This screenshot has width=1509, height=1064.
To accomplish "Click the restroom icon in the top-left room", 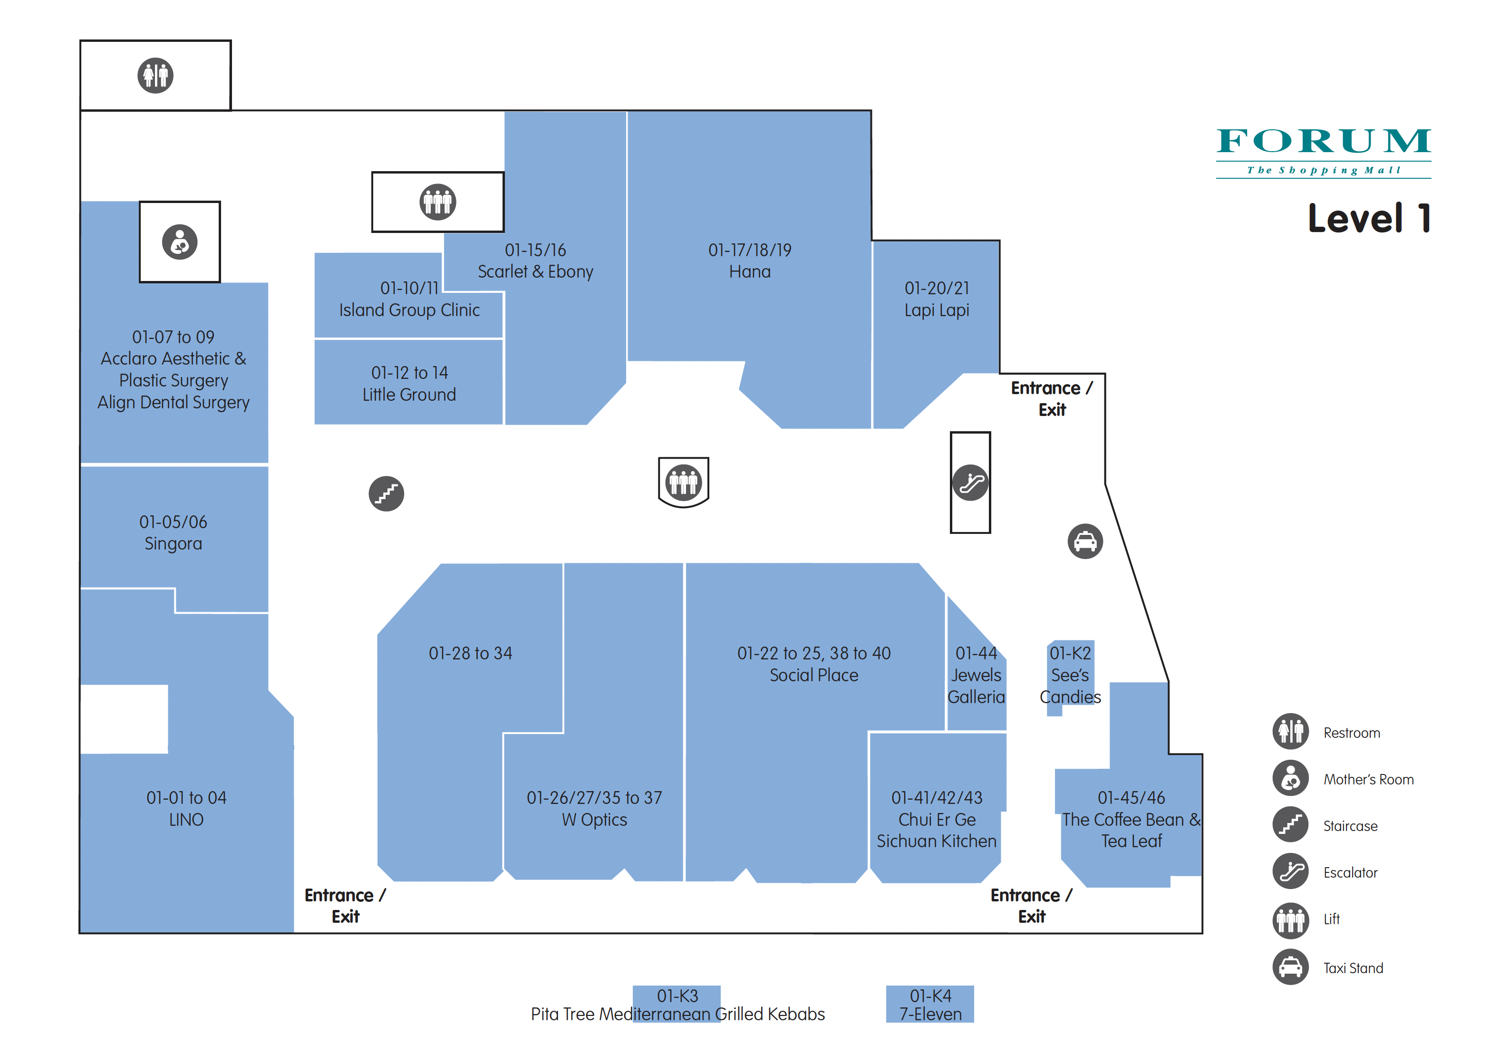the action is coord(155,76).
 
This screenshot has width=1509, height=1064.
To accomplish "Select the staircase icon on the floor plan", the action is coord(387,493).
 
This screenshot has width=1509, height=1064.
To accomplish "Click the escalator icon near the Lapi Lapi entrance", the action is coord(970,483).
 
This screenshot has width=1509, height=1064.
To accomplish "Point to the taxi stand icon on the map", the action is coord(1085,542).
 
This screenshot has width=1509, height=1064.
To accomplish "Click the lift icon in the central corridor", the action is coord(684,483).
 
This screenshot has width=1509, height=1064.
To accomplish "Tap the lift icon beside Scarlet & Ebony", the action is coord(438,202).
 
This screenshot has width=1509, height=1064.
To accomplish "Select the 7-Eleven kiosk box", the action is coord(930,1004).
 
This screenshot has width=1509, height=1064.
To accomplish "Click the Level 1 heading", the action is coord(1369,218).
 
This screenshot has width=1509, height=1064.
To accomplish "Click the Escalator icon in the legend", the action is coord(1291,871).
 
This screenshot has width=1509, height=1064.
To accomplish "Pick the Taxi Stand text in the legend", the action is coord(1353,968).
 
